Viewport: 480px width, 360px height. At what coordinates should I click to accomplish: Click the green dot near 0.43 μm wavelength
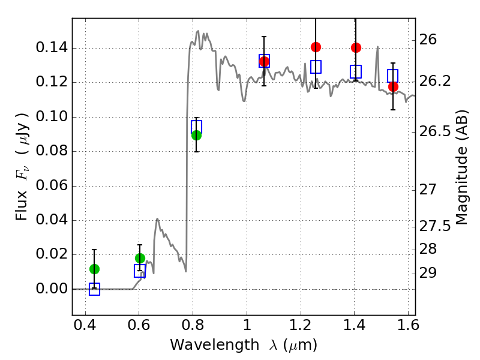95,269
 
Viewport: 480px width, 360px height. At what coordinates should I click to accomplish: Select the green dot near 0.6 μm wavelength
140,258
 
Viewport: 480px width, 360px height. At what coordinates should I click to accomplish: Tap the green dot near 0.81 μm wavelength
197,135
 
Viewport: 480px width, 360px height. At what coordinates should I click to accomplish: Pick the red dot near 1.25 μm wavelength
316,47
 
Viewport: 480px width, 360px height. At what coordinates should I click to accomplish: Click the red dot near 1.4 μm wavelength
356,48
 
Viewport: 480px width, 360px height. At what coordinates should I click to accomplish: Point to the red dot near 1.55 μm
394,87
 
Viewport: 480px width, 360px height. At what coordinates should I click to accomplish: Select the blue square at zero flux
95,289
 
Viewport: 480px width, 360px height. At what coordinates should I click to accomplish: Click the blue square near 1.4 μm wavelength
356,71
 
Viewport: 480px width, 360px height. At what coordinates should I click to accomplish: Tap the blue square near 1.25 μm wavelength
316,67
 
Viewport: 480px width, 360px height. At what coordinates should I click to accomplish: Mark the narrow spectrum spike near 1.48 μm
378,47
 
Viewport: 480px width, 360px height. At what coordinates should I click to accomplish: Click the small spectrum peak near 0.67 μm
157,219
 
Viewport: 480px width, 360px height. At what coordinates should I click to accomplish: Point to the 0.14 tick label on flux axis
52,48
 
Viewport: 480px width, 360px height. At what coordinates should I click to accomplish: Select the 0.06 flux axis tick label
52,185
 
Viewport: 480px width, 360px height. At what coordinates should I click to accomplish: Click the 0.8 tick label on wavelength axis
193,326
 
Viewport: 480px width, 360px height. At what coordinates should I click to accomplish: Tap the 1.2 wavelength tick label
301,326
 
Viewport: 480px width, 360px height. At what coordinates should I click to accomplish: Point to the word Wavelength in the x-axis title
215,345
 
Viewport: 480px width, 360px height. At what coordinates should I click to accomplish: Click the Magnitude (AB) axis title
461,167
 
